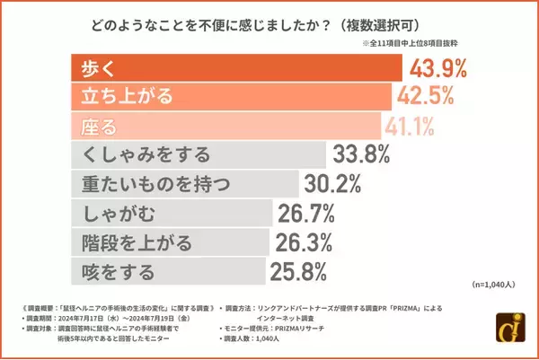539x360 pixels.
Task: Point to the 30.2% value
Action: pyautogui.click(x=331, y=183)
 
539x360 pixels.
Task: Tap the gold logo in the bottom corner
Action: pyautogui.click(x=514, y=334)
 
